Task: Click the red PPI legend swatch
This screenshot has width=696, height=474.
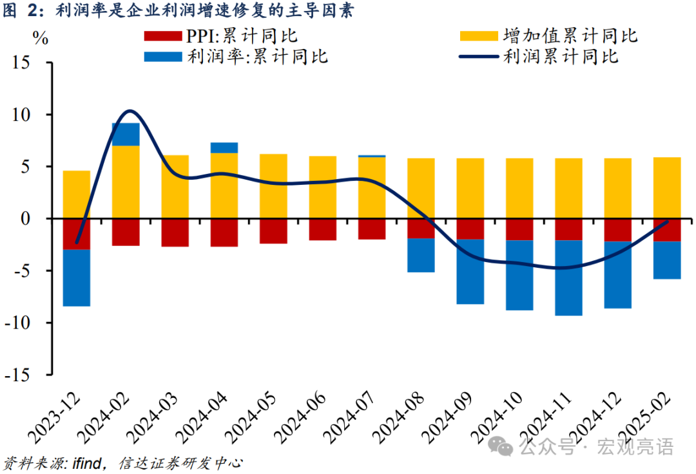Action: [165, 35]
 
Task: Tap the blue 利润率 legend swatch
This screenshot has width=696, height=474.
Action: [165, 56]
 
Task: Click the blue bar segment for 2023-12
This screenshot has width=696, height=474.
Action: [76, 278]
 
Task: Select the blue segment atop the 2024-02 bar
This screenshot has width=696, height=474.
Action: [126, 135]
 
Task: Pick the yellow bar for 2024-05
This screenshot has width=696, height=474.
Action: [273, 187]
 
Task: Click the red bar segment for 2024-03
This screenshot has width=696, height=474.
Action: [175, 232]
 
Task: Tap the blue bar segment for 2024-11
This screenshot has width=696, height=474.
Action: [568, 278]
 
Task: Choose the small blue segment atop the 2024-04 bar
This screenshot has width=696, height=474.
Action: [224, 147]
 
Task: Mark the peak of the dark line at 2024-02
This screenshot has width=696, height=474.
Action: [129, 111]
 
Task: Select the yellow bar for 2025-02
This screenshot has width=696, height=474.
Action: [667, 188]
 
